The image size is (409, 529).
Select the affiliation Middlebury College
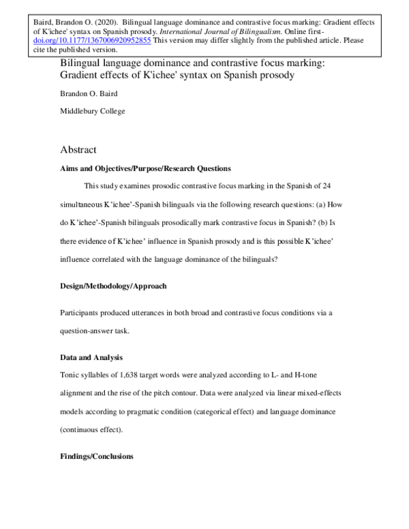click(92, 110)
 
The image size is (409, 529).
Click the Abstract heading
click(78, 149)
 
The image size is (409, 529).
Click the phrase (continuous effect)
click(93, 429)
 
